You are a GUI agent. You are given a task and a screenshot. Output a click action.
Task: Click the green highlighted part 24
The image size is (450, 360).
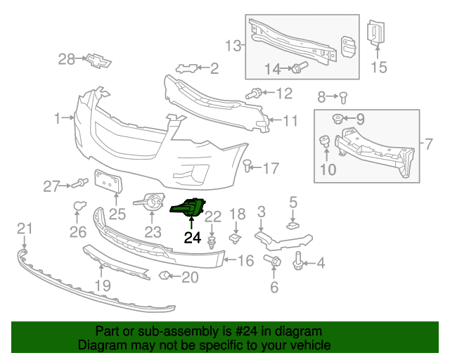click(188, 207)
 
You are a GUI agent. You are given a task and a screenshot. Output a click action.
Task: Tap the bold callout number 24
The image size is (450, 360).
click(193, 238)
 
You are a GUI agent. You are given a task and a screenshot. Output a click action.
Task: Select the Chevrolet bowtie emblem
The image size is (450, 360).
click(98, 60)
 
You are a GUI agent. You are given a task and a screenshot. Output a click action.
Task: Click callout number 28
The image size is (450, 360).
click(66, 60)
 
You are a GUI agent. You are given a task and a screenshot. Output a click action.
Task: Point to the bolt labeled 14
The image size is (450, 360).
click(299, 67)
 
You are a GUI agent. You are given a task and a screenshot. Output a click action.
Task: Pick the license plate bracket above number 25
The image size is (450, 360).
click(109, 181)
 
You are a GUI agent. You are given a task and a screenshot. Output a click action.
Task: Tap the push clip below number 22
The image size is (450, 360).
click(212, 243)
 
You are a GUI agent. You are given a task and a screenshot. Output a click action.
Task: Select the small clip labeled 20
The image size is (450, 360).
click(164, 276)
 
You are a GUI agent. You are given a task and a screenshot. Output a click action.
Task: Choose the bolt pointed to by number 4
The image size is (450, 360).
click(297, 261)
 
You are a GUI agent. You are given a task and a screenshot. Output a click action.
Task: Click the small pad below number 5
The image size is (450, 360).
click(292, 226)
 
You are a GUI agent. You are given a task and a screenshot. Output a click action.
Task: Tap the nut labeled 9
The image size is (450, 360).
click(337, 119)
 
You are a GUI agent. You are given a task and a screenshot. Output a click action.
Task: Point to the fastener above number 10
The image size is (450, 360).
click(325, 141)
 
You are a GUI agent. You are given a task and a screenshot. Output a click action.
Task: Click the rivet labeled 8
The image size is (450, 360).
click(343, 98)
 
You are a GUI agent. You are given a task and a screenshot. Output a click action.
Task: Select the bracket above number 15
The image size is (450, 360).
click(375, 32)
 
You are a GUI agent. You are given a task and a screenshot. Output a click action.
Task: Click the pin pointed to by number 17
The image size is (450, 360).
click(247, 166)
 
